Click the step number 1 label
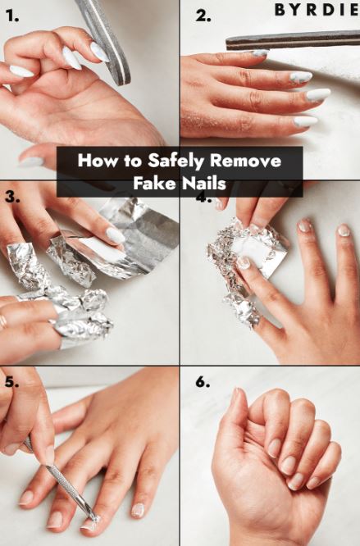click(x=11, y=16)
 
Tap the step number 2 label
click(x=203, y=16)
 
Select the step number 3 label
click(x=12, y=197)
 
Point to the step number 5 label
click(x=11, y=382)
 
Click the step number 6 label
click(x=203, y=382)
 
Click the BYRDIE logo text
click(x=317, y=10)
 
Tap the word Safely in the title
click(x=175, y=162)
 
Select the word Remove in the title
click(x=245, y=161)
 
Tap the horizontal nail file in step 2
click(x=293, y=40)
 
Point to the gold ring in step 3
click(x=2, y=322)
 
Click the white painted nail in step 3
click(x=116, y=235)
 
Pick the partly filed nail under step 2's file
click(x=259, y=53)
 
